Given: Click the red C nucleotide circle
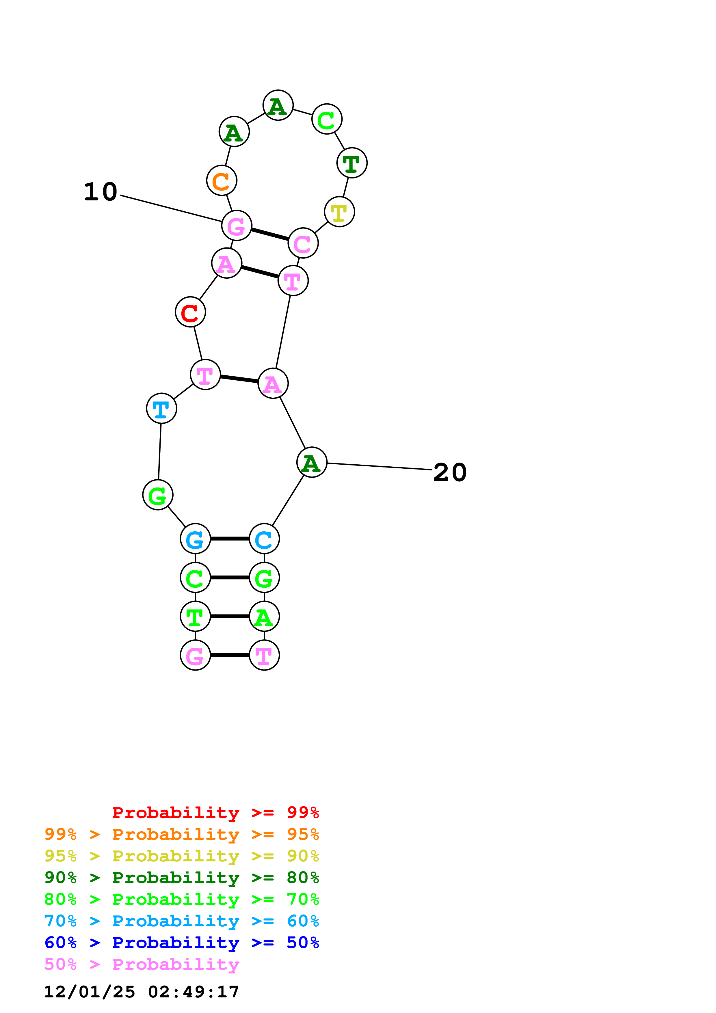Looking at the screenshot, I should pos(190,312).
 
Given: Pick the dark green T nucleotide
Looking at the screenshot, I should pos(352,163).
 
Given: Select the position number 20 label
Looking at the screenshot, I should pos(449,472).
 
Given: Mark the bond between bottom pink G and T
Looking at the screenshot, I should pos(229,655).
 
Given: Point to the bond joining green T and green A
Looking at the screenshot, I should pos(229,616).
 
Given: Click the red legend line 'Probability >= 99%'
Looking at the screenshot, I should pos(215,813).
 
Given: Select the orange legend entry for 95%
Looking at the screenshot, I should pos(181,834).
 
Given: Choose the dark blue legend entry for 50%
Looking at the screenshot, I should pos(181,943).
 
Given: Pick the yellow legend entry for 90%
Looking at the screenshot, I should pos(181,856).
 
